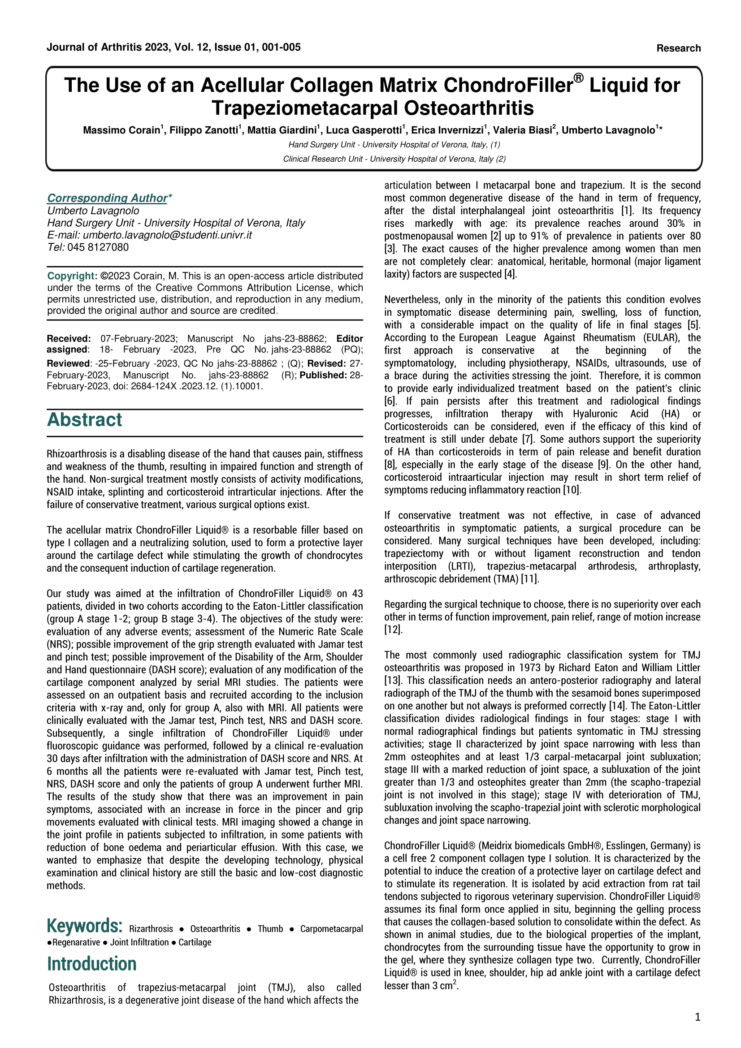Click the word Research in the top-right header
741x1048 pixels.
(678, 48)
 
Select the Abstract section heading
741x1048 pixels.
(84, 420)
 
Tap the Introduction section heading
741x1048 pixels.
(92, 964)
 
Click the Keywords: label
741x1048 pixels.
(84, 926)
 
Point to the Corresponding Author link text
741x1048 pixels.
(107, 198)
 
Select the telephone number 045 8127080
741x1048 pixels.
(98, 247)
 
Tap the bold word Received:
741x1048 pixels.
(69, 339)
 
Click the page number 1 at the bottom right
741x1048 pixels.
(697, 1017)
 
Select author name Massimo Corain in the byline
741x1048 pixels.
(121, 130)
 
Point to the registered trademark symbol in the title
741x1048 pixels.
(578, 78)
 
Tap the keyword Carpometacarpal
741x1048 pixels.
(331, 929)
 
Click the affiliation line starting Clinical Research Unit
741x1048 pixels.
(394, 159)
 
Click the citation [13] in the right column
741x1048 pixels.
(392, 681)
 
